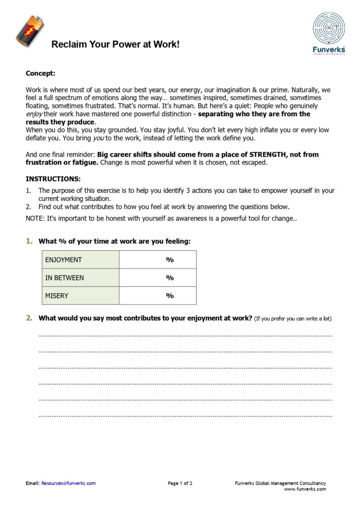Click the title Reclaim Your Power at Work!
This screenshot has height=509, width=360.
pos(115,45)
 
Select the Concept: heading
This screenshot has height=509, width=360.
pos(40,73)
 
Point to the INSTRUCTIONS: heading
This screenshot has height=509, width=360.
pos(53,178)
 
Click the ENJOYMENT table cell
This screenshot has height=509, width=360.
pos(81,259)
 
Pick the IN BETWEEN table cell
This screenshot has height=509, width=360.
pos(81,277)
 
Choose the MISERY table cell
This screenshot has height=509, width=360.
pos(81,295)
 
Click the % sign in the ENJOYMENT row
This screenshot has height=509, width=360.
pos(170,259)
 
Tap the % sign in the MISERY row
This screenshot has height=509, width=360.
pos(170,295)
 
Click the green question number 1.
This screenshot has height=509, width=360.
pos(29,241)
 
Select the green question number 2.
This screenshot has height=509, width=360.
pos(29,318)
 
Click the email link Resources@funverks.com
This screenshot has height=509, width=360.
pos(69,483)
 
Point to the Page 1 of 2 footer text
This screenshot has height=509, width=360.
pos(180,483)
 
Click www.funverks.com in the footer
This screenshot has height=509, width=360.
pos(305,489)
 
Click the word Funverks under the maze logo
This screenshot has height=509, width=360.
pos(329,49)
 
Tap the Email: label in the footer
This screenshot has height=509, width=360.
pos(32,483)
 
